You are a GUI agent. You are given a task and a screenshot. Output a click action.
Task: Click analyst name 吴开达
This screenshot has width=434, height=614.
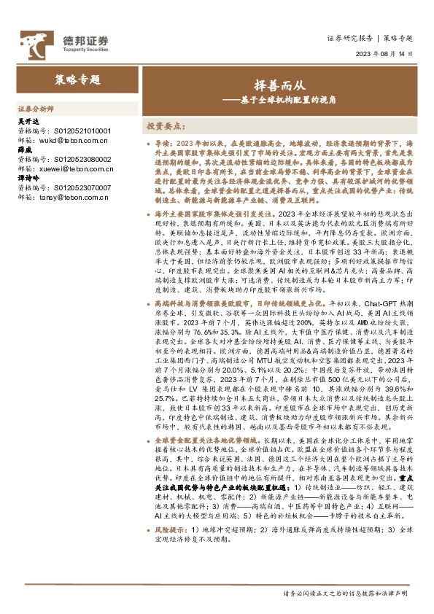click(26, 121)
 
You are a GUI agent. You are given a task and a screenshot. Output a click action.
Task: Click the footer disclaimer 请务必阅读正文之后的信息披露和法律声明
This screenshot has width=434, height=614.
click(346, 595)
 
